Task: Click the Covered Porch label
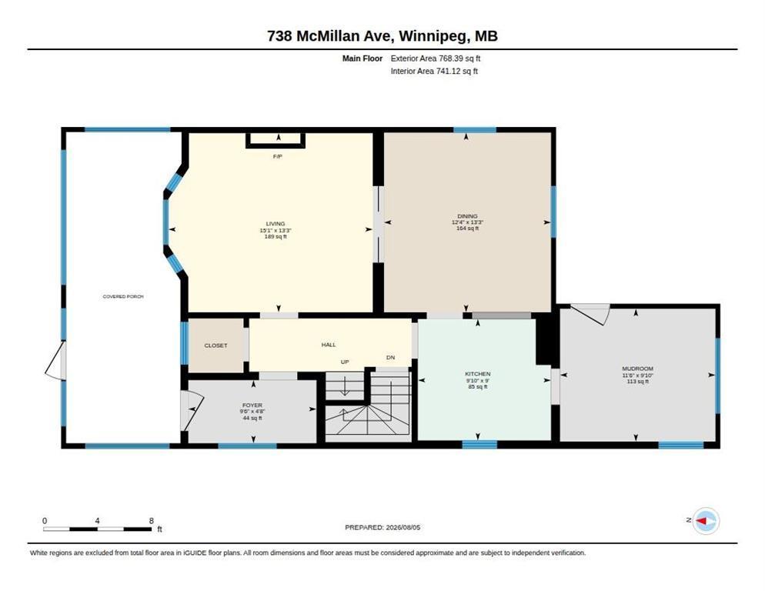pos(123,297)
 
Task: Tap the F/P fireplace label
pos(278,157)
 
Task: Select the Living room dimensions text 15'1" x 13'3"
pos(276,230)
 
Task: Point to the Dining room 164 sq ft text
pos(467,229)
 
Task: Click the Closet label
pos(215,346)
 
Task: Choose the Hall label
pos(329,345)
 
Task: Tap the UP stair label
pos(345,362)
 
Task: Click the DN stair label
pos(390,358)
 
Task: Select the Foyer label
pos(252,406)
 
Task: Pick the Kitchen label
pos(478,374)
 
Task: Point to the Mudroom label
pos(638,369)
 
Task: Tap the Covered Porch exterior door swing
pos(55,361)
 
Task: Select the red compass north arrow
pos(701,521)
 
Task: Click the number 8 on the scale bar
pos(152,521)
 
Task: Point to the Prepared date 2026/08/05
pos(403,528)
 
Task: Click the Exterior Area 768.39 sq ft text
pos(436,58)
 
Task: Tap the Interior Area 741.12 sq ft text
pos(434,72)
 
